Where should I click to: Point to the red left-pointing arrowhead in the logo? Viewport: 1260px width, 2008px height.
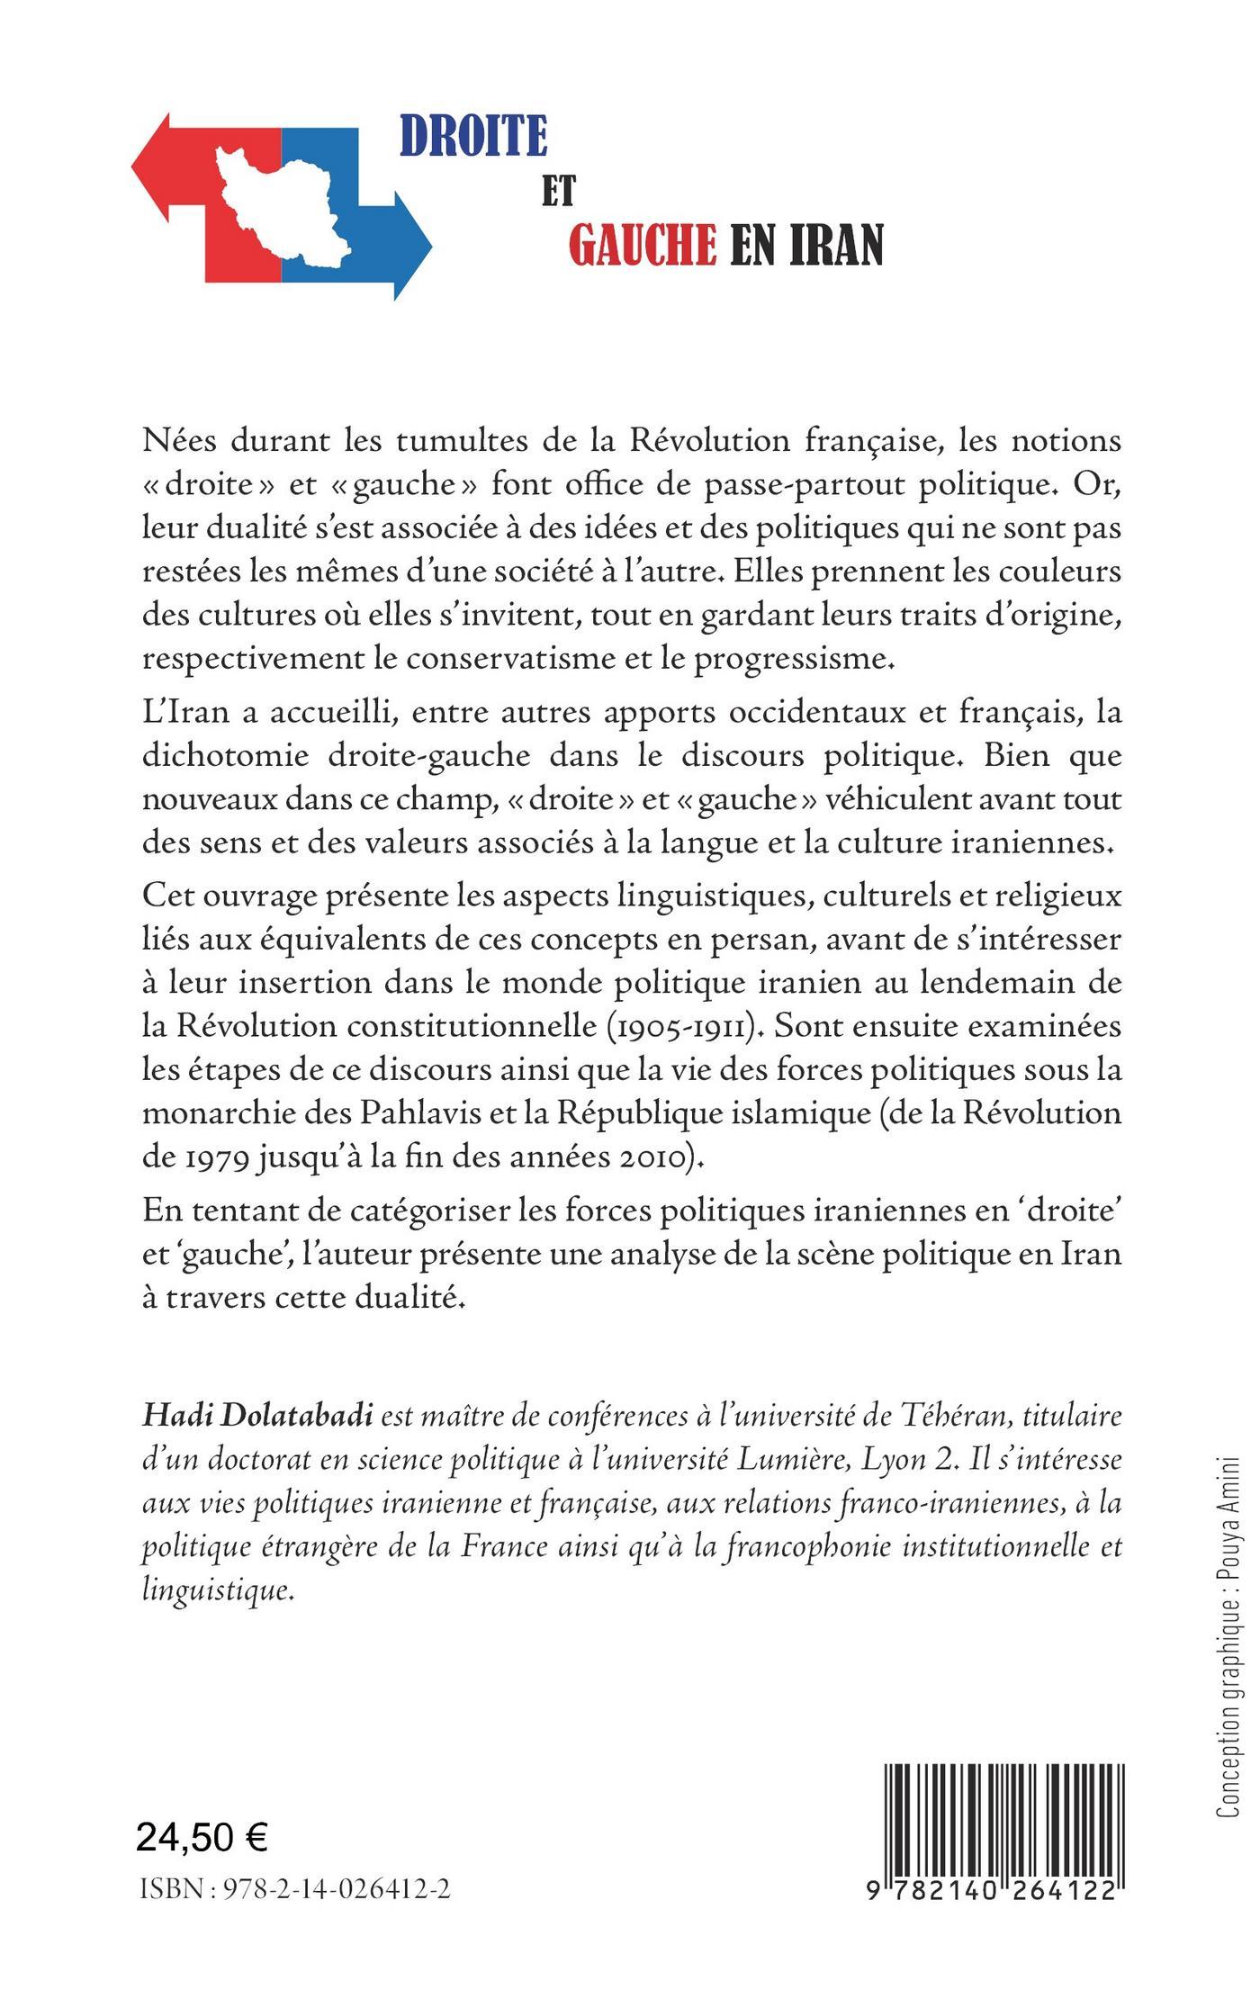click(x=152, y=167)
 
